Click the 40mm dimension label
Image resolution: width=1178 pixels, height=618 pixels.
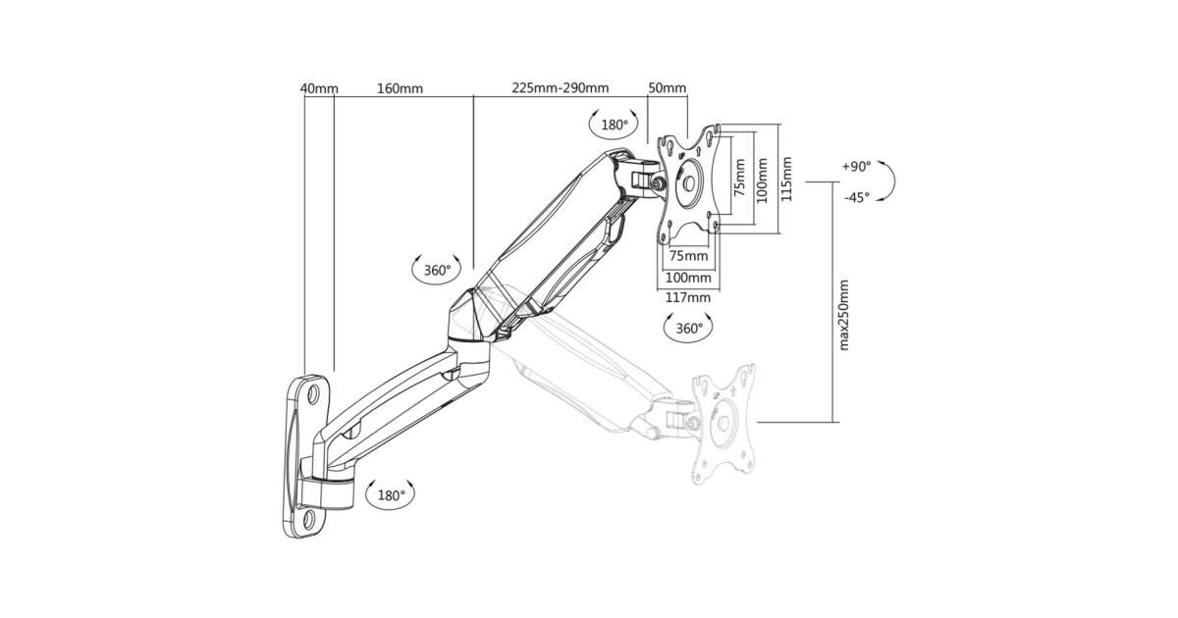coord(319,88)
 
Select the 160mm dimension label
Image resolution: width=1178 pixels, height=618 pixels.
coord(400,88)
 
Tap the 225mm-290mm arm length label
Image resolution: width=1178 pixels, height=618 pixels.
coord(560,88)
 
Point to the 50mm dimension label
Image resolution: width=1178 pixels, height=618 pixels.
coord(668,88)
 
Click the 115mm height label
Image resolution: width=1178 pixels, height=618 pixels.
coord(787,180)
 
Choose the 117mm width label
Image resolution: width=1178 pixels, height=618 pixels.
coord(687,297)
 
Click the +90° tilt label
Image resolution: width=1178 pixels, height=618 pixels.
coord(856,167)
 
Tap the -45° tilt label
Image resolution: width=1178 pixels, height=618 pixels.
coord(856,197)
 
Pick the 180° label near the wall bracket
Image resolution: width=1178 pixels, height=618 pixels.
coord(391,495)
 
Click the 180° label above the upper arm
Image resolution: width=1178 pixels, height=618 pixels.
coord(615,125)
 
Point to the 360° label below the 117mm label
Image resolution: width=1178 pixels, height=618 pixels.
coord(688,329)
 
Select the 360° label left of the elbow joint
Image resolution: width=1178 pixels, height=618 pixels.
coord(437,269)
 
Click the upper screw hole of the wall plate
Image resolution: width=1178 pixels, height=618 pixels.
coord(314,394)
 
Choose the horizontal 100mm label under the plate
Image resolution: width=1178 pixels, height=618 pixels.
coord(687,277)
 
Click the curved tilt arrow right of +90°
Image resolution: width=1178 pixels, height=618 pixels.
coord(886,181)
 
